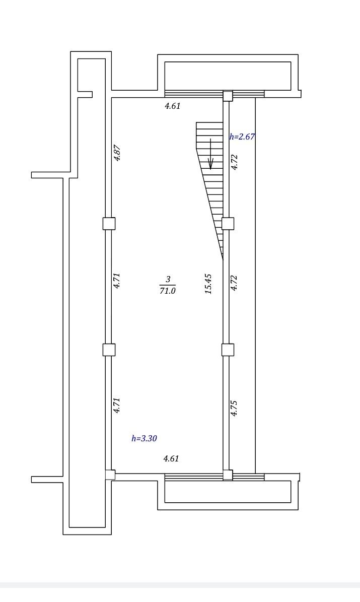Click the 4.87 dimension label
pos(117,153)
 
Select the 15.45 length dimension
pos(208,284)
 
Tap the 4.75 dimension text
pos(234,408)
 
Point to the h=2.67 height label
pos(242,137)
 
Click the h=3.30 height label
pos(145,438)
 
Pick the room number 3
pos(168,280)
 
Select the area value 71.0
pos(168,291)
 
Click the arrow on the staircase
pos(210,154)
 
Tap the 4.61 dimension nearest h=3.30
pos(171,458)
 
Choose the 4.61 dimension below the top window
pos(173,106)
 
